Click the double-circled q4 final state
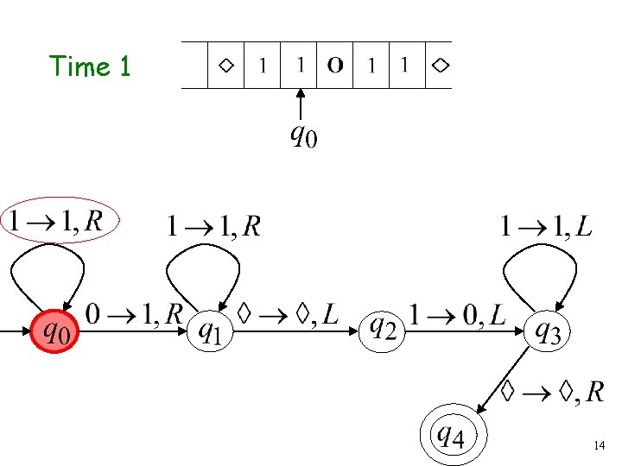tap(454, 435)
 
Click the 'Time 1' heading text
tap(90, 66)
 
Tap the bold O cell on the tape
tap(335, 65)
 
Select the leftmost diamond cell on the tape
tap(226, 65)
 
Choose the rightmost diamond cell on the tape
tap(440, 65)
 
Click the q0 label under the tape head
tap(302, 135)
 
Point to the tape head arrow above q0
tap(300, 104)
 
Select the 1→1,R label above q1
tap(213, 226)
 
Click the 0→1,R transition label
tap(134, 314)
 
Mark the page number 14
tap(600, 445)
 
